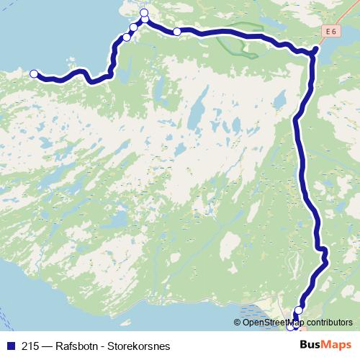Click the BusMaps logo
click(x=325, y=344)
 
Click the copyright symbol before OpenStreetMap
click(x=238, y=322)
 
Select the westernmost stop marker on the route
click(x=34, y=73)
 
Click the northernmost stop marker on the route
click(x=144, y=13)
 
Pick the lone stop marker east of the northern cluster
click(x=177, y=32)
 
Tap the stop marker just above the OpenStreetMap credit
click(x=299, y=310)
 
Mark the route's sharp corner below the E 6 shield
click(x=315, y=50)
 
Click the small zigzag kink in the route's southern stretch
click(x=323, y=253)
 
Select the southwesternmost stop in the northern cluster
click(x=127, y=37)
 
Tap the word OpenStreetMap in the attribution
click(x=272, y=322)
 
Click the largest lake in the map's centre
click(x=194, y=115)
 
